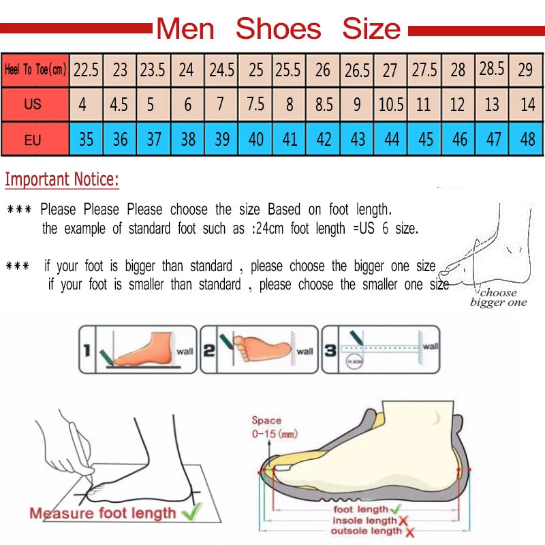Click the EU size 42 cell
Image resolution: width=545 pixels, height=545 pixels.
point(324,140)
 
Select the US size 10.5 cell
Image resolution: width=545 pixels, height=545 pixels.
point(391,105)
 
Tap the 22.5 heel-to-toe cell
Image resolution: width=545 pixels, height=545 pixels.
point(87,69)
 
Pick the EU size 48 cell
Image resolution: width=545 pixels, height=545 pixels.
point(527,140)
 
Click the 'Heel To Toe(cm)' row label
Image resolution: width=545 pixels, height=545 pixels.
point(35,69)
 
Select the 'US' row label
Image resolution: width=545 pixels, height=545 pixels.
point(33,105)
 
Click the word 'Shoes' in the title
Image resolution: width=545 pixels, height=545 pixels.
point(278,29)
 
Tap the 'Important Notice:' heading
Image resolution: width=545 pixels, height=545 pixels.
point(62,180)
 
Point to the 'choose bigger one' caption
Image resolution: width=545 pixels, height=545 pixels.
point(498,298)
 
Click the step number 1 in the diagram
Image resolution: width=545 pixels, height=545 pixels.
point(87,351)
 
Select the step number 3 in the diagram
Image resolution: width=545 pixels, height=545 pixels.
point(329,351)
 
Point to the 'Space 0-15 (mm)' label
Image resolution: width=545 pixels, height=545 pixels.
point(274,427)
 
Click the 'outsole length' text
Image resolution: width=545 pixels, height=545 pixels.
point(365,531)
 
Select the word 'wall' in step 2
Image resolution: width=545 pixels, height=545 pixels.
point(305,352)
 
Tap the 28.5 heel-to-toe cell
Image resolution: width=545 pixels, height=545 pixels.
point(493,69)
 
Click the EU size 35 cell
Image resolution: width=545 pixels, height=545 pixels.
point(86,140)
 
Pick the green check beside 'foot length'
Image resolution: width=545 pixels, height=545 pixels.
point(394,509)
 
